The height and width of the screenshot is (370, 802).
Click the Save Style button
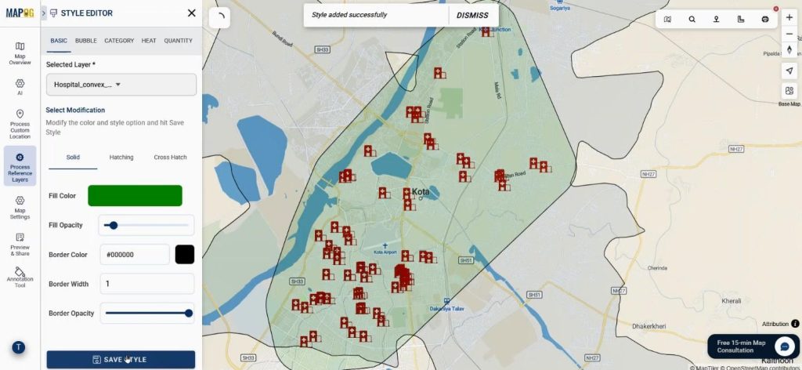coord(121,359)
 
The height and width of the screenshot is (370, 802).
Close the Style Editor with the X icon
coord(192,13)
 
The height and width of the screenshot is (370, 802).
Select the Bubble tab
coord(86,41)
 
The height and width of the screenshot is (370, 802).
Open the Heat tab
coord(149,41)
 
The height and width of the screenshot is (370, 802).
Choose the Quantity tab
coord(178,41)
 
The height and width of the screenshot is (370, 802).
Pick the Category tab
coord(119,41)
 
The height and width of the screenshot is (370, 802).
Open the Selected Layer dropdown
coord(121,85)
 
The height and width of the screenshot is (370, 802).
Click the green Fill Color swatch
coord(135,196)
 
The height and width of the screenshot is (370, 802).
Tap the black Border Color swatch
coord(184,255)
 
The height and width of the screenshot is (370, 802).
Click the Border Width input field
coord(146,284)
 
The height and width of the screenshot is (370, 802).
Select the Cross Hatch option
coord(170,158)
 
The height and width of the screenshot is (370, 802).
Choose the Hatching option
coord(121,158)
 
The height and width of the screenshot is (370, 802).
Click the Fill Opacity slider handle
coord(114,225)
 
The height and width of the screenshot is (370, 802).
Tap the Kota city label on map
coord(421,191)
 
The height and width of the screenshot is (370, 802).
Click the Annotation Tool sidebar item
coord(20,277)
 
